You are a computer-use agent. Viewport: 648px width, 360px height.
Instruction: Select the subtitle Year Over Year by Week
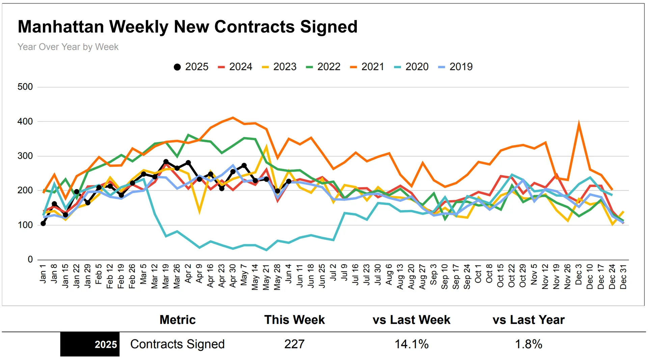click(68, 47)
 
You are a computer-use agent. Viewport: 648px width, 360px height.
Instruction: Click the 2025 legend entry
click(191, 67)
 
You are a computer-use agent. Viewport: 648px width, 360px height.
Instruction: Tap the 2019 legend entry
click(456, 67)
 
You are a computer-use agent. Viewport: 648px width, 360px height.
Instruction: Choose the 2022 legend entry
click(323, 67)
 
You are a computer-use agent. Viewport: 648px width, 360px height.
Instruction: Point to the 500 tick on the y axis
click(25, 87)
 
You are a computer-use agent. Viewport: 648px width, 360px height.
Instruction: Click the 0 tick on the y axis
click(30, 259)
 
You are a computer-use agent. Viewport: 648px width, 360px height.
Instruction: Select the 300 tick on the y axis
click(25, 156)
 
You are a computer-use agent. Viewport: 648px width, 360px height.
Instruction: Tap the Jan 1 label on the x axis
click(43, 274)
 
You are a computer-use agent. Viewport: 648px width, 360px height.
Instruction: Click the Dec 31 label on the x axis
click(623, 277)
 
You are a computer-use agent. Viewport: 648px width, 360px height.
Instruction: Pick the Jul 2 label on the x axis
click(333, 273)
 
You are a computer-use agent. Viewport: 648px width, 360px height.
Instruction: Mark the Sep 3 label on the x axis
click(433, 274)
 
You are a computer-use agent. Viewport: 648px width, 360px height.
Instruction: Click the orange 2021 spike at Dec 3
click(579, 124)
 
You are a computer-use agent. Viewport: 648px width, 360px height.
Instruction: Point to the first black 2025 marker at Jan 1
click(43, 224)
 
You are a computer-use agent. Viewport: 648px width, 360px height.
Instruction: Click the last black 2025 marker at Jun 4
click(289, 181)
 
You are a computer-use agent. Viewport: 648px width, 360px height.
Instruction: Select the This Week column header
click(294, 320)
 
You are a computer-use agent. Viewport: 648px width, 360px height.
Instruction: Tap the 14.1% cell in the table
click(411, 344)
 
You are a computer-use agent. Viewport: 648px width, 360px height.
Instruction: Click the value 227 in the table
click(294, 344)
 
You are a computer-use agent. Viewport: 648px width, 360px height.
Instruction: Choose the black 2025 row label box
click(90, 344)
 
